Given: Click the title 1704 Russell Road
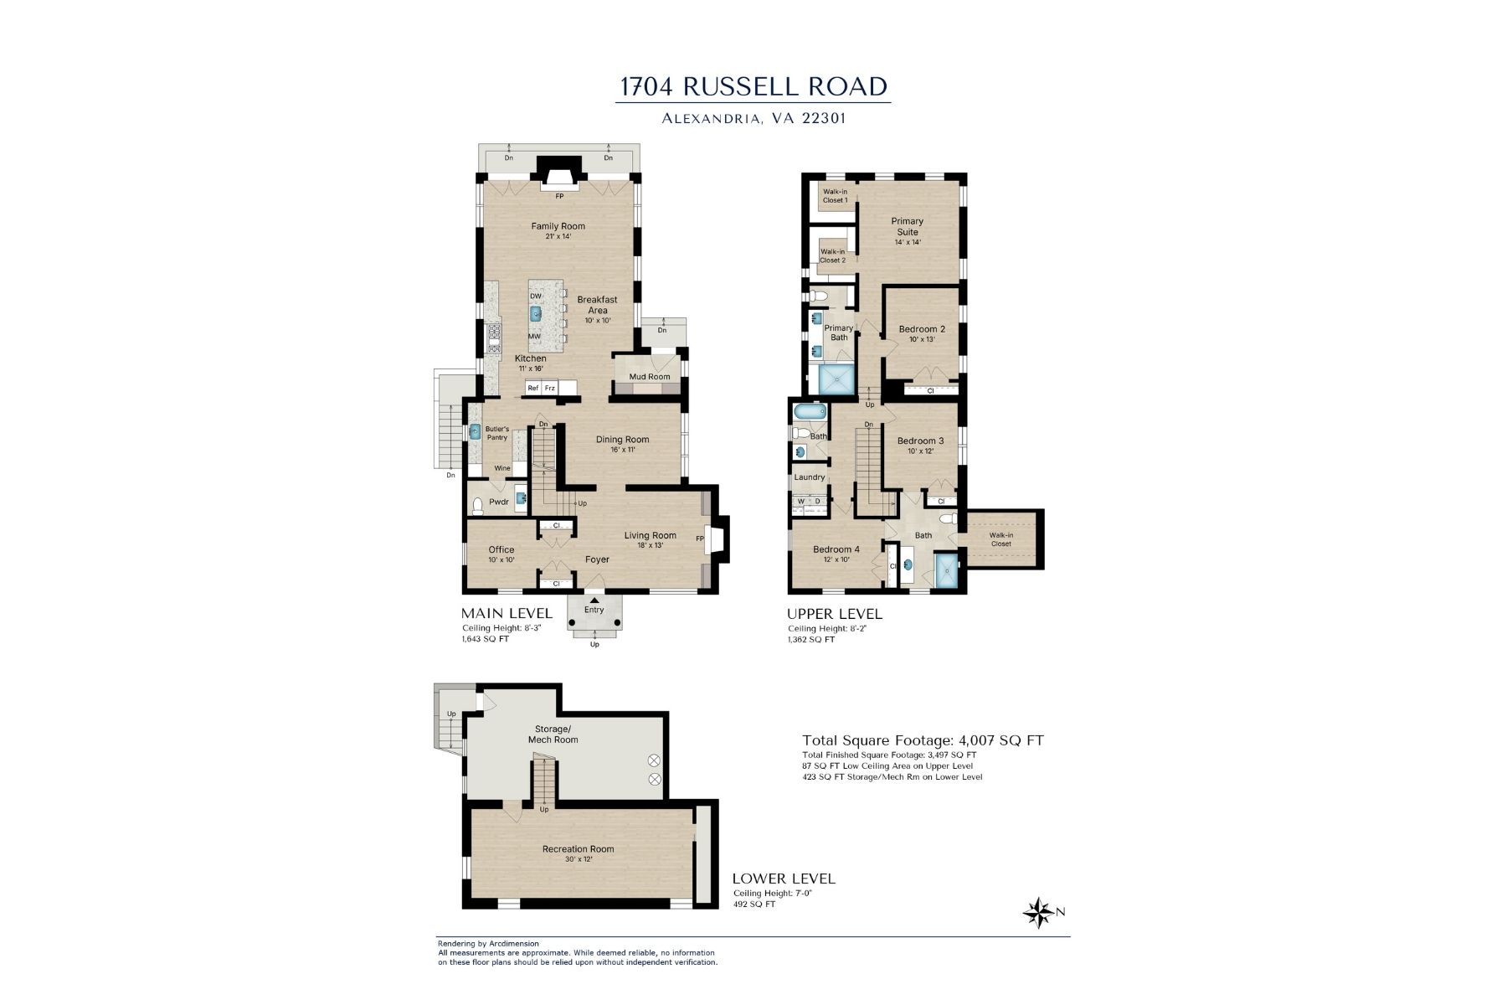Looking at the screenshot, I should (x=753, y=87).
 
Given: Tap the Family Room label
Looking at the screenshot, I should (x=558, y=226).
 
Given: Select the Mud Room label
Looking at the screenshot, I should (x=650, y=377).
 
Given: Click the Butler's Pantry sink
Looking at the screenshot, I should (x=476, y=432).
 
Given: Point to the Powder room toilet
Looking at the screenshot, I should (x=478, y=505).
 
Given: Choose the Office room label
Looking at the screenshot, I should (x=501, y=550).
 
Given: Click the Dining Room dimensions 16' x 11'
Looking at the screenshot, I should (x=622, y=450).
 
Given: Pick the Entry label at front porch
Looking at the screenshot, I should (x=594, y=610).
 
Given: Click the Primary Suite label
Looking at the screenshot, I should (x=907, y=227).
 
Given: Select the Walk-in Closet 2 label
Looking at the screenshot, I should (x=832, y=256).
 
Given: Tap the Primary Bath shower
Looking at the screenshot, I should (x=837, y=381).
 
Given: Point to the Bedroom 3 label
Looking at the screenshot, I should (x=920, y=441).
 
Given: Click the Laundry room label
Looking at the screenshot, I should (x=810, y=477).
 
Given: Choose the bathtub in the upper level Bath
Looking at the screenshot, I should (x=810, y=411).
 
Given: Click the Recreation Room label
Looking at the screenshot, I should (x=578, y=849).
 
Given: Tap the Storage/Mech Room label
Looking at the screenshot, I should (x=553, y=734).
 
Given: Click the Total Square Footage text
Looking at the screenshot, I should (x=923, y=740).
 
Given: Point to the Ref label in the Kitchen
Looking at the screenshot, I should (x=533, y=389).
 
